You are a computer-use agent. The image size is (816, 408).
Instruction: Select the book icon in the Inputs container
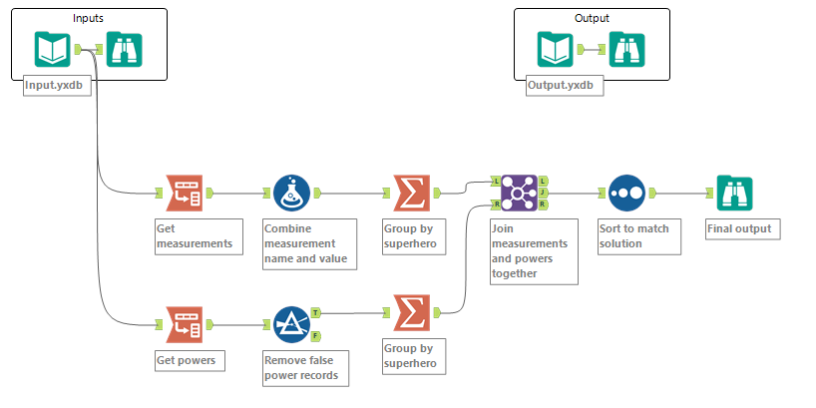pyautogui.click(x=52, y=49)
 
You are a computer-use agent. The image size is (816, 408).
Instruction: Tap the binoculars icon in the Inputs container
pyautogui.click(x=124, y=49)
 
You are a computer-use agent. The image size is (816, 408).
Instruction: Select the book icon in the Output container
pyautogui.click(x=555, y=49)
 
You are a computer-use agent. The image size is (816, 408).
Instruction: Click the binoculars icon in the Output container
pyautogui.click(x=626, y=49)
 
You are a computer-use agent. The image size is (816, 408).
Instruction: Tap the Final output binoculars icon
pyautogui.click(x=733, y=194)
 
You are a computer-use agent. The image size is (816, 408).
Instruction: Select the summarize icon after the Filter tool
pyautogui.click(x=409, y=312)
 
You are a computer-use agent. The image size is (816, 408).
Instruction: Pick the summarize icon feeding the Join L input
pyautogui.click(x=409, y=194)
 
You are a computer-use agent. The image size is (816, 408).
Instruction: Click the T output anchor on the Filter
pyautogui.click(x=316, y=312)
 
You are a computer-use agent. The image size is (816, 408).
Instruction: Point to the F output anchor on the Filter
pyautogui.click(x=316, y=336)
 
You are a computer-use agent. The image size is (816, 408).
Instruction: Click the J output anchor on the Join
pyautogui.click(x=543, y=194)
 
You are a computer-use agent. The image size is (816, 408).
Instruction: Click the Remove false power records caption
pyautogui.click(x=302, y=368)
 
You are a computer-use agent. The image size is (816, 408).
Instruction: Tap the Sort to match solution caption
pyautogui.click(x=634, y=236)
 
